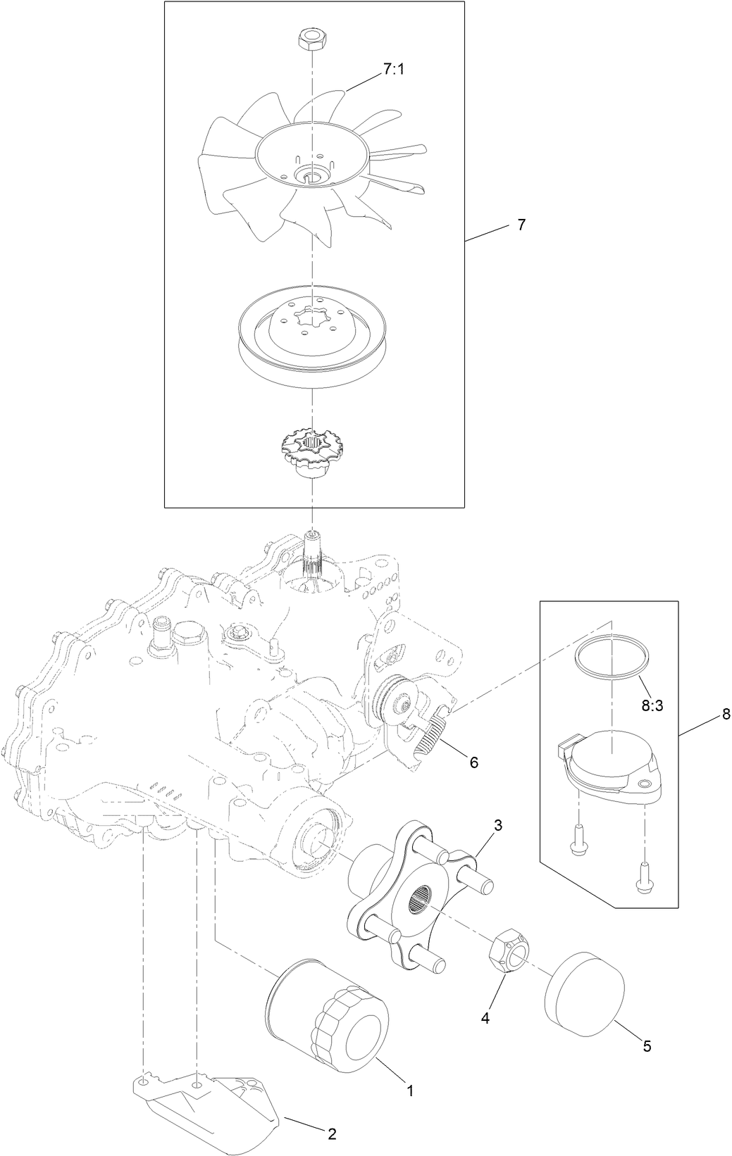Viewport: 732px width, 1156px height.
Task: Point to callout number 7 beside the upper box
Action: (521, 225)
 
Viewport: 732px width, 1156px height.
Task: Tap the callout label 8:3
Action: (652, 705)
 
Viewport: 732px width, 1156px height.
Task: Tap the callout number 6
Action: (473, 762)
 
